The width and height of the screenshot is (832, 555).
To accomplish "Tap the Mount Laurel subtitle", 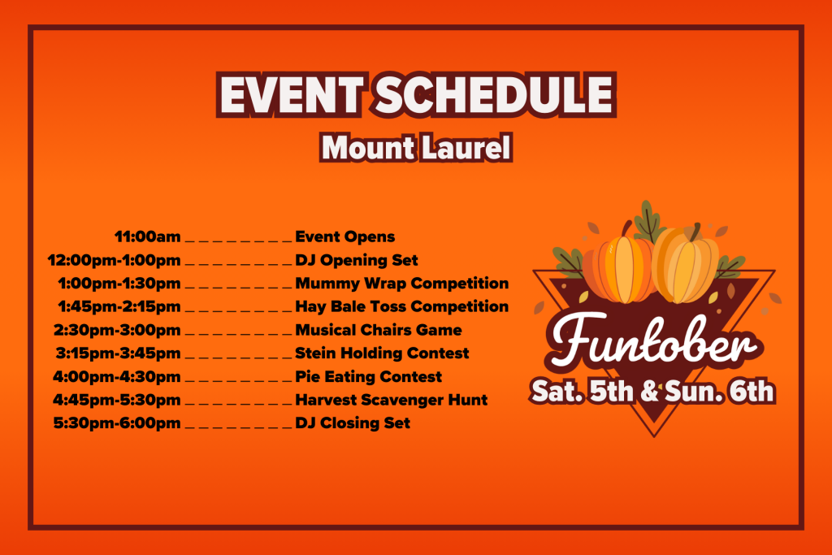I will click(x=415, y=148).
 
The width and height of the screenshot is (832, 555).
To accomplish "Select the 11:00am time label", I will click(x=147, y=237).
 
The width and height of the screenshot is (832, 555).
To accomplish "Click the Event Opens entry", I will click(x=344, y=237).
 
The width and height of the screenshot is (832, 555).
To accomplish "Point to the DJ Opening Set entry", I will click(x=357, y=261).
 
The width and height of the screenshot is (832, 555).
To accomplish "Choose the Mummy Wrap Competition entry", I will click(x=401, y=284).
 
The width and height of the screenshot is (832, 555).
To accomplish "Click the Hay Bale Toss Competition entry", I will click(x=401, y=307).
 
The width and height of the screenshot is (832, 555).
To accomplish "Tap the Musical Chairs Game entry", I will click(x=379, y=331).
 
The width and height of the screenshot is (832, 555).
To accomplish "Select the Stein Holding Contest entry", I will click(x=382, y=353).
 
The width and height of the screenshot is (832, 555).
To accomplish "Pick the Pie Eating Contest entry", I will click(x=369, y=377).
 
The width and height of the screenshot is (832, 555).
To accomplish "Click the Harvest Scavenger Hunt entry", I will click(x=391, y=400).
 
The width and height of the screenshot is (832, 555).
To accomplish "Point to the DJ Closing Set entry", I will click(x=353, y=423).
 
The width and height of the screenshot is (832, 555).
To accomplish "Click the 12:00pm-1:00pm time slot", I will click(x=114, y=261).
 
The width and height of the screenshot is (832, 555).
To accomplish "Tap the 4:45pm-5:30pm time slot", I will click(x=117, y=400).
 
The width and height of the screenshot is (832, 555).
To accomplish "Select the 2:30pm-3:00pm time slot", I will click(x=117, y=331).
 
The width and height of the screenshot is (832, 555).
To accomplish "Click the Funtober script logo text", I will click(x=652, y=345).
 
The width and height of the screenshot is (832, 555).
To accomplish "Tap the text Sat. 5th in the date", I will click(x=578, y=392).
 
